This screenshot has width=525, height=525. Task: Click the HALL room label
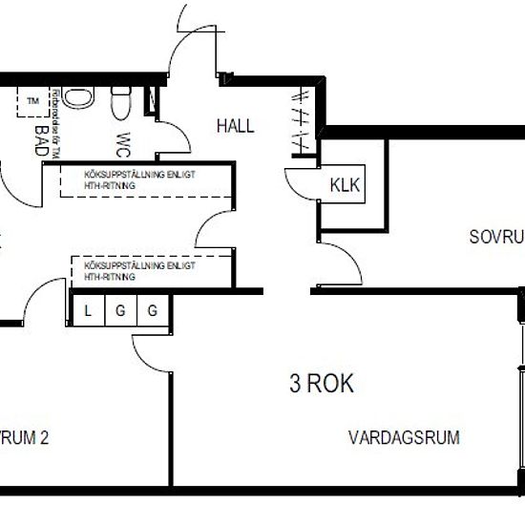point(235,125)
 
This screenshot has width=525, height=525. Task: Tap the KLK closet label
point(346,185)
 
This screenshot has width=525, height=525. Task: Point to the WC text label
point(123,142)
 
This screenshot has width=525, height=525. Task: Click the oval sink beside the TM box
point(80,100)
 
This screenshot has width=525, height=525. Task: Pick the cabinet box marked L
point(88,310)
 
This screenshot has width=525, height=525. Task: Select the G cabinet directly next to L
point(120,310)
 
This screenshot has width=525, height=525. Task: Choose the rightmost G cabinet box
point(152,310)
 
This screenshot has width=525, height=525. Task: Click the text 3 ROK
point(322,384)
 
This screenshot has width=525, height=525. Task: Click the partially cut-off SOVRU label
point(496,236)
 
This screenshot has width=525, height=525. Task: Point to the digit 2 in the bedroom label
point(44,439)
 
